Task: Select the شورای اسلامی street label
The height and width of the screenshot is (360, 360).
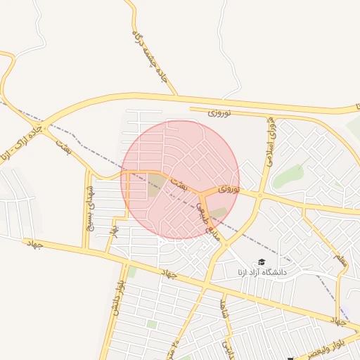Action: point(270,141)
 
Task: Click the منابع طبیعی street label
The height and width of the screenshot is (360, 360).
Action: point(207,221)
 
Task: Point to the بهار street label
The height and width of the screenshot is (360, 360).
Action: point(114,229)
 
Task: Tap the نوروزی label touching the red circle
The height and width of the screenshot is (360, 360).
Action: point(229,189)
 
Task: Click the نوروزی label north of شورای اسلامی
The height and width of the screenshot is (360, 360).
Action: point(219,112)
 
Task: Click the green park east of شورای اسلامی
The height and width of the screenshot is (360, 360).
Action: point(288,176)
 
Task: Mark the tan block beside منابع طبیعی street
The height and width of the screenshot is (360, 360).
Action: point(219,212)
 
